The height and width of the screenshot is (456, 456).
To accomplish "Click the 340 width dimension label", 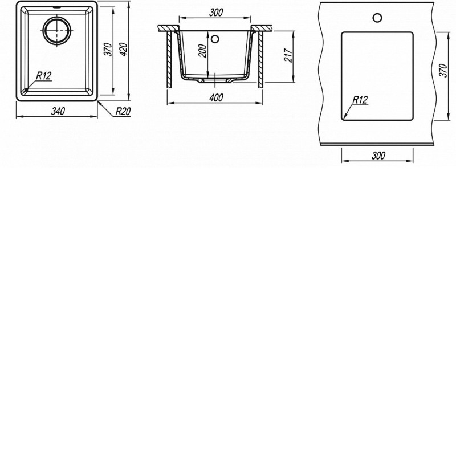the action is pyautogui.click(x=58, y=111).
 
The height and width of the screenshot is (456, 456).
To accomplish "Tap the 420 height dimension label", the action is pyautogui.click(x=124, y=50).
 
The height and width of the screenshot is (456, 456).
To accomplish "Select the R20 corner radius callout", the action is pyautogui.click(x=123, y=111).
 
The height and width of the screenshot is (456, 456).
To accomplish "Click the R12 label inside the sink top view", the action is pyautogui.click(x=44, y=76).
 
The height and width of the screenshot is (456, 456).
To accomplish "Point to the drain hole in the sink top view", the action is pyautogui.click(x=56, y=31).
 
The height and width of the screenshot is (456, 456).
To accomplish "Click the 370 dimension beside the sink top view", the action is pyautogui.click(x=108, y=50).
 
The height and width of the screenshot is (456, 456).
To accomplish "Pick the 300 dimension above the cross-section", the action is pyautogui.click(x=216, y=12).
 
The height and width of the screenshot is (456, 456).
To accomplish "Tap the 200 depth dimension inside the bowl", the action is pyautogui.click(x=203, y=51).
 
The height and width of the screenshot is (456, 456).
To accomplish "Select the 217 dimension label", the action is pyautogui.click(x=288, y=55).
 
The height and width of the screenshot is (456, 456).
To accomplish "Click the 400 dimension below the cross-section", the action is pyautogui.click(x=216, y=97).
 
